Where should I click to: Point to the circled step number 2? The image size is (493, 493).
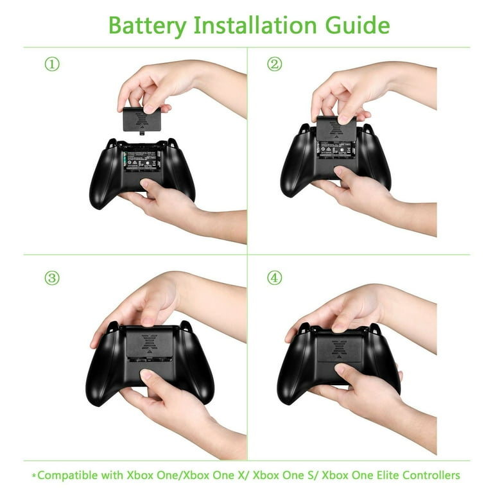(275, 65)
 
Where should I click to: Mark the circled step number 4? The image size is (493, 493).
(275, 278)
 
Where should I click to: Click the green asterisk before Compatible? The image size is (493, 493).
(33, 476)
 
